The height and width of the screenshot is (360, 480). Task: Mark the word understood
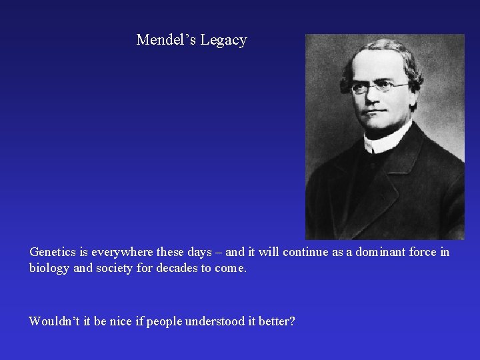[221, 321]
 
